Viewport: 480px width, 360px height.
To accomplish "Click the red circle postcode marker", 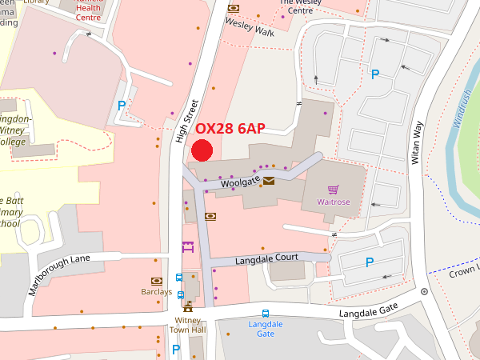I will pos(202,150).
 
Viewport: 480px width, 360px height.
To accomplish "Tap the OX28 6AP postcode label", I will pos(230,129).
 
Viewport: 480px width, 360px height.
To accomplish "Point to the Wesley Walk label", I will pos(249,28).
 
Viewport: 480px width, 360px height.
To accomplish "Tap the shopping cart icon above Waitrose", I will pos(334,190).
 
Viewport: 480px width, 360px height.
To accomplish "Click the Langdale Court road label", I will pos(266,259).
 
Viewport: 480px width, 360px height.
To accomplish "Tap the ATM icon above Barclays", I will pos(157,281).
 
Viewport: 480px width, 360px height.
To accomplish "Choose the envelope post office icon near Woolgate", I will pos(269,182).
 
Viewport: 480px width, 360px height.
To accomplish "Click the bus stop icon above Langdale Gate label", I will pos(266,314).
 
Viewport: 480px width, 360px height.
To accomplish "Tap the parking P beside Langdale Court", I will pos(370,262).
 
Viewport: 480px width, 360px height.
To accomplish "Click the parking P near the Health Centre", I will pos(122,105).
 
